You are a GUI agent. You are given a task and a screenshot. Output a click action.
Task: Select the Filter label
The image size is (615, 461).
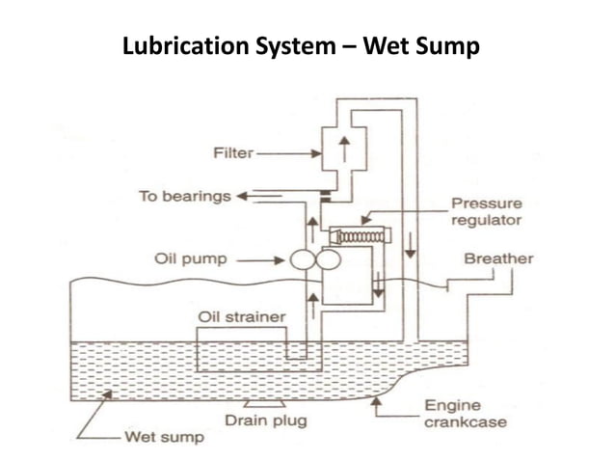pos(232,152)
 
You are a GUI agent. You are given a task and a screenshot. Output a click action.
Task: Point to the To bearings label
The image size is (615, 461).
pos(184,196)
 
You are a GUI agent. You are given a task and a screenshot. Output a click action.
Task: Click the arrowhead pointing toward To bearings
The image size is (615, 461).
pos(242,196)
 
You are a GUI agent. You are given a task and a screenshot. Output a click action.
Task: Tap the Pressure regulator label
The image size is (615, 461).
pos(486,212)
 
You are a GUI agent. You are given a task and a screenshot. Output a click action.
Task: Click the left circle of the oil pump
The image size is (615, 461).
pos(298,259)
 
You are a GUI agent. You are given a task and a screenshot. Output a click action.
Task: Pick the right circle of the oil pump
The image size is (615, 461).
pos(326,259)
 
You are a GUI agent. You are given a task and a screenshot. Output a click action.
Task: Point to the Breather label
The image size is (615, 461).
pos(497,258)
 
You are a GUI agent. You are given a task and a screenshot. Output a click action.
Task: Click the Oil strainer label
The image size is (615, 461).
pos(241,315)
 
